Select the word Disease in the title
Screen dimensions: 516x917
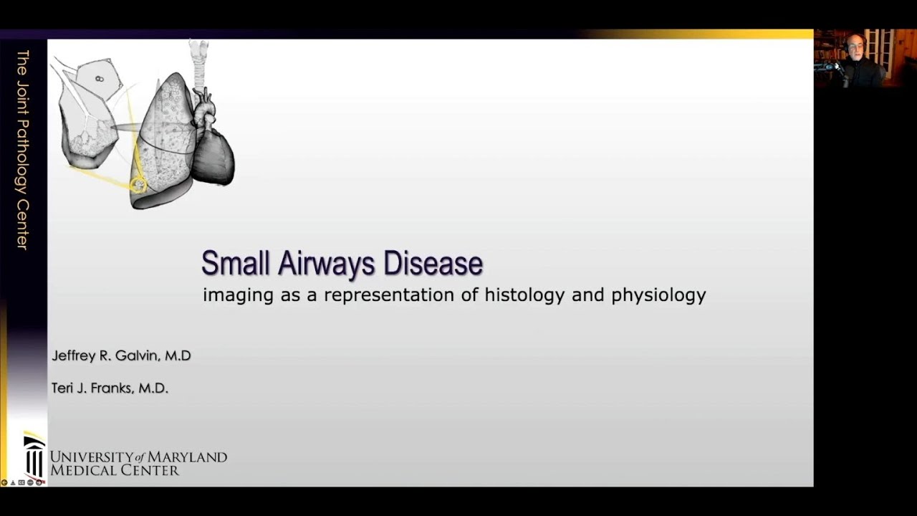tap(433, 263)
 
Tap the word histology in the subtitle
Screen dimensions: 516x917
tap(525, 295)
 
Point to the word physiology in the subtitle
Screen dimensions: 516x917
tap(658, 295)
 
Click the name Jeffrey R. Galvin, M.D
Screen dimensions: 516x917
tap(121, 355)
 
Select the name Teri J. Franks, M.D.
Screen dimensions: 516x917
tap(110, 388)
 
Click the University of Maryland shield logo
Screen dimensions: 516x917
tap(34, 457)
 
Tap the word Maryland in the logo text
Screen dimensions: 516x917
tap(192, 457)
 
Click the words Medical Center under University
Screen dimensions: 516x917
tap(114, 471)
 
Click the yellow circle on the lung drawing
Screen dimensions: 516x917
tap(138, 186)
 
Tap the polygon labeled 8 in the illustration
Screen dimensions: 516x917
tap(98, 77)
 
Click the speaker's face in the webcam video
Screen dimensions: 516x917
tap(855, 48)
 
